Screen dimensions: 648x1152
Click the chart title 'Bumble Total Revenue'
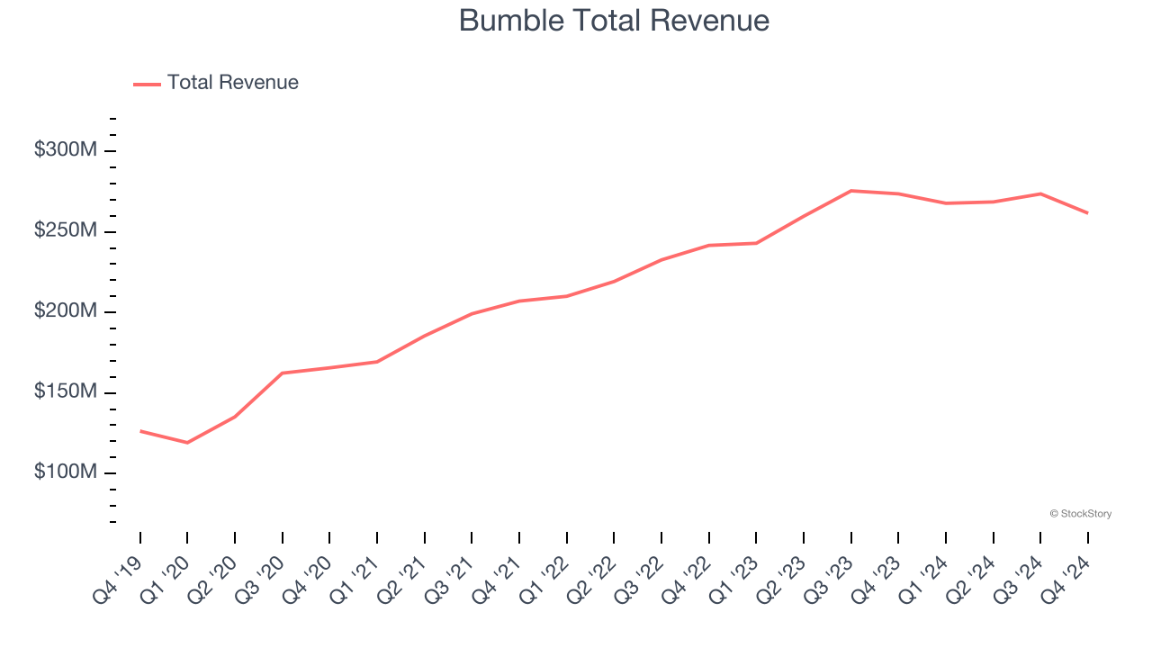click(614, 21)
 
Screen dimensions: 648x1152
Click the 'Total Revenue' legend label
click(232, 83)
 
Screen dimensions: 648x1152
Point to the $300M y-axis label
click(66, 150)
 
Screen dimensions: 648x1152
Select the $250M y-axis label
click(66, 231)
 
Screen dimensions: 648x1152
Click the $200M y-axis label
click(66, 311)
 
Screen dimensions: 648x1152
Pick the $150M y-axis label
click(66, 392)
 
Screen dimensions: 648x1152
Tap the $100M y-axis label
click(66, 472)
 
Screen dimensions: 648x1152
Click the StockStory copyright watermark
click(1080, 514)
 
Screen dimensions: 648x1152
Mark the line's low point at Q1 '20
click(187, 443)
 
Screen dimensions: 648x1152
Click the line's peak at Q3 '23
click(850, 191)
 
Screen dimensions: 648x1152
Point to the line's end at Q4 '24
click(1087, 213)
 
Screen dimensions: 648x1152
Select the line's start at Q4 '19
click(140, 431)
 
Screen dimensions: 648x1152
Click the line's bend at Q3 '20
click(283, 373)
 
